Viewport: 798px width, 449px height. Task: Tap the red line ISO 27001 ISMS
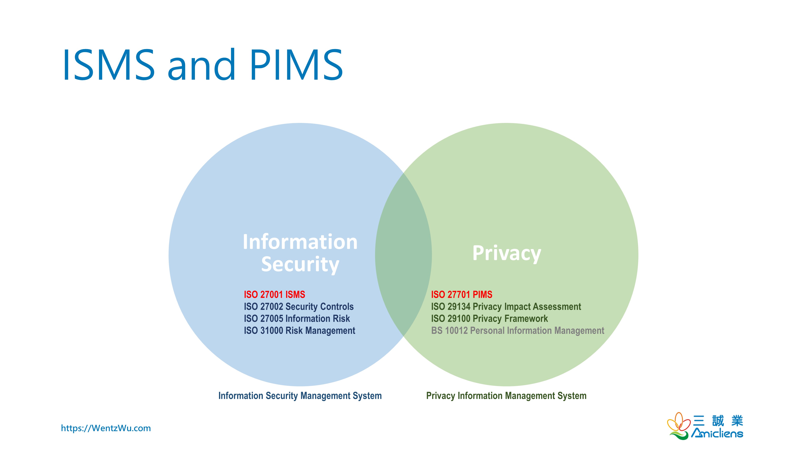(275, 294)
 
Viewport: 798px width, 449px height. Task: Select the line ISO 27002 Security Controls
(299, 307)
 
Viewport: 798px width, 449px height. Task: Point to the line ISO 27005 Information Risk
(297, 318)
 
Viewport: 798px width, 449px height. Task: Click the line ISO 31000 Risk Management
(299, 331)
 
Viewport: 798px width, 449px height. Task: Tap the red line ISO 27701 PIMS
(462, 294)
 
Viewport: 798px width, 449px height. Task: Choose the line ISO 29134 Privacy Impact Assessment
(506, 307)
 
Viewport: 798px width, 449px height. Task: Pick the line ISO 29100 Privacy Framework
(489, 318)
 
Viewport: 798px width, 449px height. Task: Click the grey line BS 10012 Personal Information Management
(517, 331)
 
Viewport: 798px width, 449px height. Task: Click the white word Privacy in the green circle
(507, 253)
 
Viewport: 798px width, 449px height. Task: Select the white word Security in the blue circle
(300, 264)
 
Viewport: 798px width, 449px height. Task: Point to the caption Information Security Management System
(300, 396)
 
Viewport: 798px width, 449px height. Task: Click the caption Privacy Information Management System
(506, 396)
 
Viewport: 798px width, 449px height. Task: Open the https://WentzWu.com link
(106, 428)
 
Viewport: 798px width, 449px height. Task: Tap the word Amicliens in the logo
(717, 433)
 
